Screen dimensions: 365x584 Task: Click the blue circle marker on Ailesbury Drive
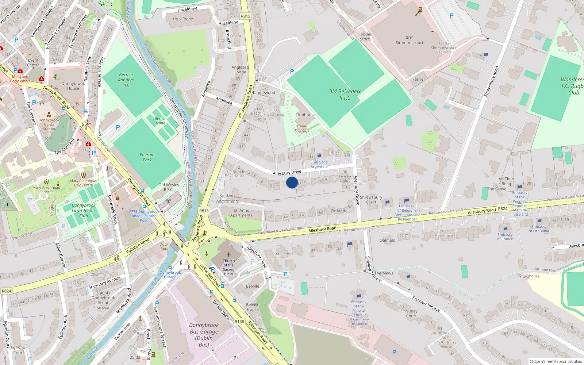pos(292,182)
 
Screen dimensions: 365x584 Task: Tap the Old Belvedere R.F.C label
pos(345,95)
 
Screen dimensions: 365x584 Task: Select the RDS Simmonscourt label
pos(409,40)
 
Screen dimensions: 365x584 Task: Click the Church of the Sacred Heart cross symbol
pos(229,255)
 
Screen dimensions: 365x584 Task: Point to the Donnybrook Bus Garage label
pos(204,335)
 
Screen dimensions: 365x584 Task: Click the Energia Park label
pos(147,157)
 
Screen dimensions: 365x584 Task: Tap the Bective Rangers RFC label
pos(126,80)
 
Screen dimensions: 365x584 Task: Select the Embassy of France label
pos(505,237)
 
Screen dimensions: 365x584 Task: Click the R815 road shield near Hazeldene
pos(246,16)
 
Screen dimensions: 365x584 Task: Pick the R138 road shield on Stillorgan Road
pos(239,322)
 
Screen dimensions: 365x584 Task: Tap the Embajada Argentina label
pos(319,164)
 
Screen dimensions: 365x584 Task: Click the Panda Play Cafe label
pos(302,128)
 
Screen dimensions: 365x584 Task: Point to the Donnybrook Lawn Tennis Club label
pos(83,210)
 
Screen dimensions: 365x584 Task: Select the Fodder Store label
pos(365,36)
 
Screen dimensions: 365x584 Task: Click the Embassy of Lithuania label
pos(539,229)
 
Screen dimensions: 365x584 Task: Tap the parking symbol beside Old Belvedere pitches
pos(292,72)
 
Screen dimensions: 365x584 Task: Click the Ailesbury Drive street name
pos(287,172)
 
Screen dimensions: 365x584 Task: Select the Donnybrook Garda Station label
pos(49,124)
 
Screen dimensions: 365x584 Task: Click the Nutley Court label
pos(411,314)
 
